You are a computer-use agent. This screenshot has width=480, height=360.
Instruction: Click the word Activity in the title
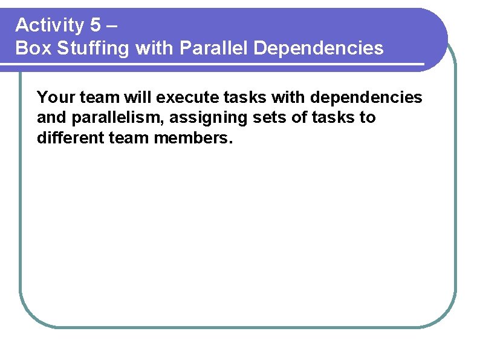50,25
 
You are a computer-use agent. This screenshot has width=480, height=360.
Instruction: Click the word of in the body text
300,117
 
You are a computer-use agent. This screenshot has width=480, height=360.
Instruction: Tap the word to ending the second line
368,117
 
